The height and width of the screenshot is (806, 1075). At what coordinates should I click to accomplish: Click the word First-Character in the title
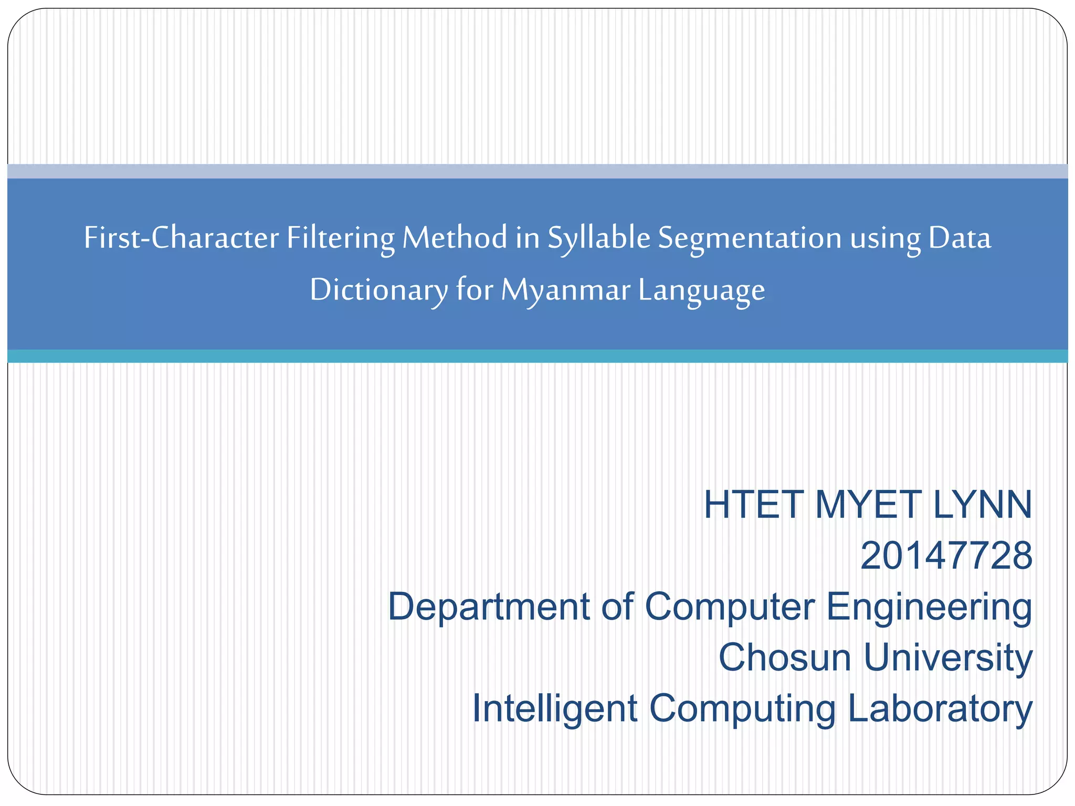click(181, 238)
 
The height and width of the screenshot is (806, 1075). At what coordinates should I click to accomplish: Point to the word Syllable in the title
click(599, 238)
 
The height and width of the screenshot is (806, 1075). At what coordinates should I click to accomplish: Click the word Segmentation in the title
click(750, 238)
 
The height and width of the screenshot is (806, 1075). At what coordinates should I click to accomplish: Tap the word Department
click(489, 607)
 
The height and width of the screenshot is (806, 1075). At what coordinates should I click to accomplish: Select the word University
click(948, 657)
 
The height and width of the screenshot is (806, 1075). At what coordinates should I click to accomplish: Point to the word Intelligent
click(555, 708)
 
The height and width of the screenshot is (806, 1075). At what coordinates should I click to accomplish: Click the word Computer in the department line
click(730, 607)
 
